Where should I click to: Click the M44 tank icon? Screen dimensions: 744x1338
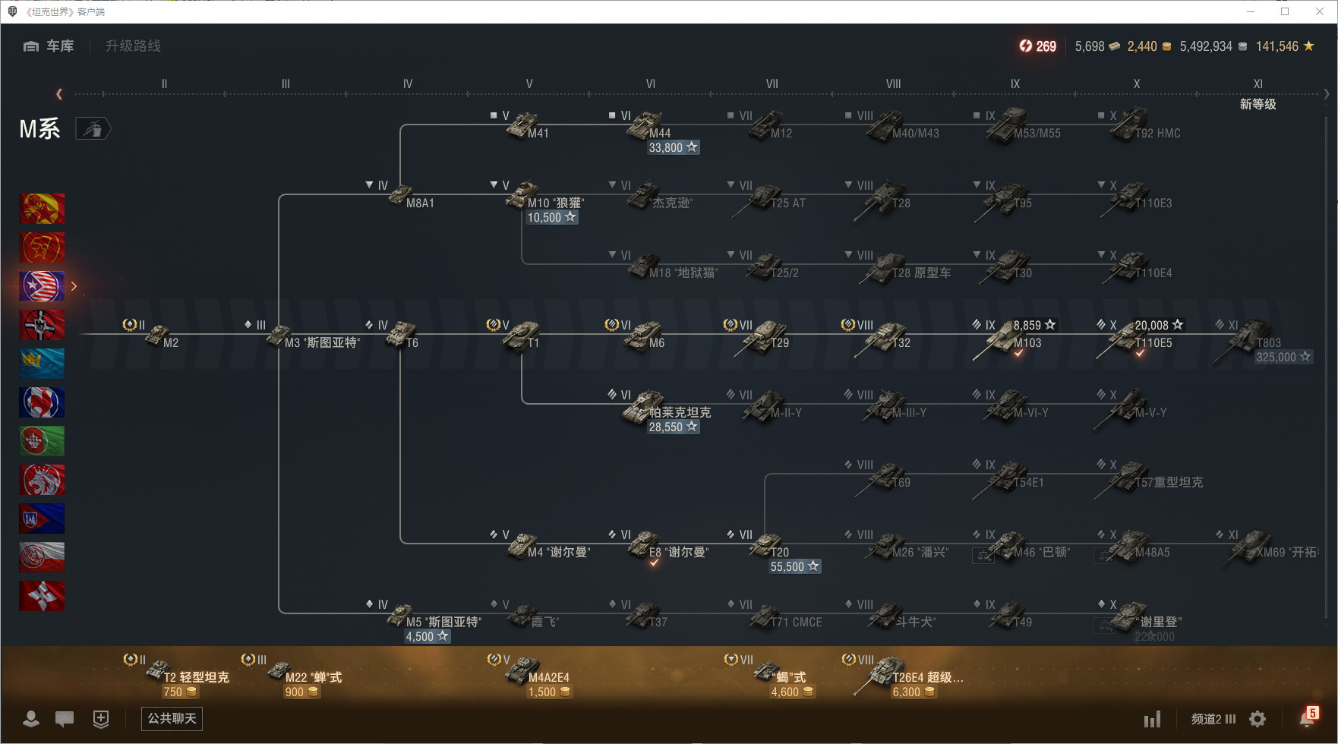click(644, 124)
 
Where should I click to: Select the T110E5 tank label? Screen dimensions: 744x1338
click(1153, 343)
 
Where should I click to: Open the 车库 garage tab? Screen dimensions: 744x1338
click(49, 46)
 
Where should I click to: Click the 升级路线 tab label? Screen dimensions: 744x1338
click(133, 46)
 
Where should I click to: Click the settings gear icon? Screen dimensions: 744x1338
click(1258, 719)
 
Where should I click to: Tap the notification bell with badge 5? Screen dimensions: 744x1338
click(1308, 718)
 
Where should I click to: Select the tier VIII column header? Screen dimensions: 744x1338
click(893, 84)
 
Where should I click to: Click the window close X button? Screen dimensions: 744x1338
click(1320, 11)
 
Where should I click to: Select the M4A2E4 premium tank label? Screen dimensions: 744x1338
click(548, 677)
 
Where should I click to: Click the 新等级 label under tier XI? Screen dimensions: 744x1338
click(1258, 104)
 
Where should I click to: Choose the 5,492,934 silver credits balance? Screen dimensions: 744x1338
click(1206, 46)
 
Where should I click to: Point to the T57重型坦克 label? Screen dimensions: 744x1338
click(1169, 483)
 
